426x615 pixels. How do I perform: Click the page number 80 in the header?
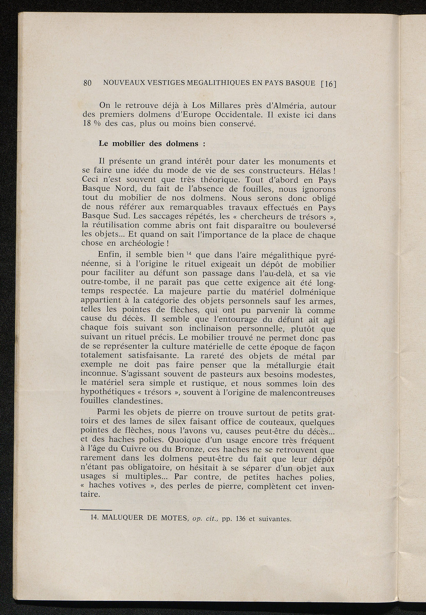click(87, 83)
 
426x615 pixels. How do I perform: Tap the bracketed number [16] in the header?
click(328, 83)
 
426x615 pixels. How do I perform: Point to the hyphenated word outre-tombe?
click(103, 283)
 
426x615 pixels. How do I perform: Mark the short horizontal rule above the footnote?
click(96, 510)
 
